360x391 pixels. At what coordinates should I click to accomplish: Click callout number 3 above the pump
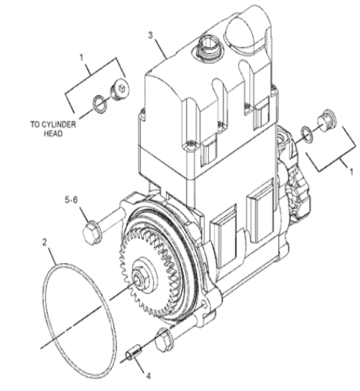click(150, 35)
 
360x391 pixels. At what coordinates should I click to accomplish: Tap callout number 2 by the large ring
click(45, 242)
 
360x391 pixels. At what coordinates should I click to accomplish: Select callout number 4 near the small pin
click(149, 376)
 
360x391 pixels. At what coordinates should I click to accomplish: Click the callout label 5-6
click(72, 199)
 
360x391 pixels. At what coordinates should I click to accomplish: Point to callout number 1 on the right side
click(351, 172)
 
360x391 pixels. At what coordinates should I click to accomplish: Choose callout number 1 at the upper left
click(81, 57)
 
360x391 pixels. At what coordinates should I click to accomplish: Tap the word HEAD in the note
click(53, 134)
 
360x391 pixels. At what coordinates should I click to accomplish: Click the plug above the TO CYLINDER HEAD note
click(119, 89)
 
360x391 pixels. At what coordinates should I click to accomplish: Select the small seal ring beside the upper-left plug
click(99, 104)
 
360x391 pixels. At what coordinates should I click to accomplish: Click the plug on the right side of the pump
click(327, 120)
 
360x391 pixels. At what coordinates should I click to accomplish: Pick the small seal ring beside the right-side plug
click(307, 134)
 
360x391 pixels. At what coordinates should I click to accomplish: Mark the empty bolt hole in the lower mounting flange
click(205, 304)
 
